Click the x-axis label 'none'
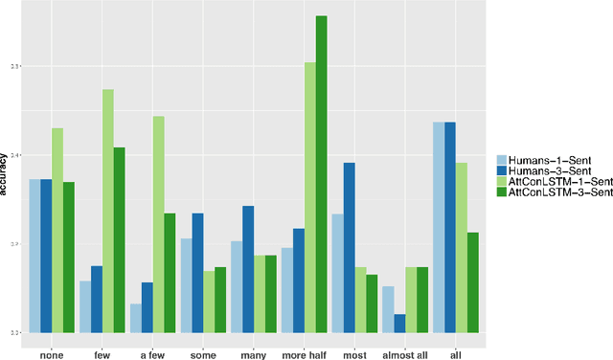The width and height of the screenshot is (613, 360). click(52, 351)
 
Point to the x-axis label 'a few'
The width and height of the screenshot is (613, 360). click(152, 351)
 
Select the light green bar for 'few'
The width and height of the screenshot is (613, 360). click(108, 211)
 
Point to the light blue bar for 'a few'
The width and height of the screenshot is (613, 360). click(136, 318)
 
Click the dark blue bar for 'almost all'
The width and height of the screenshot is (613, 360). click(399, 323)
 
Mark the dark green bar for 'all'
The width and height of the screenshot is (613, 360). click(473, 281)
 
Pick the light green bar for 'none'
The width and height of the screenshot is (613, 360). click(57, 230)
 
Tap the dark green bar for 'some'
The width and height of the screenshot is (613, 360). click(220, 299)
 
